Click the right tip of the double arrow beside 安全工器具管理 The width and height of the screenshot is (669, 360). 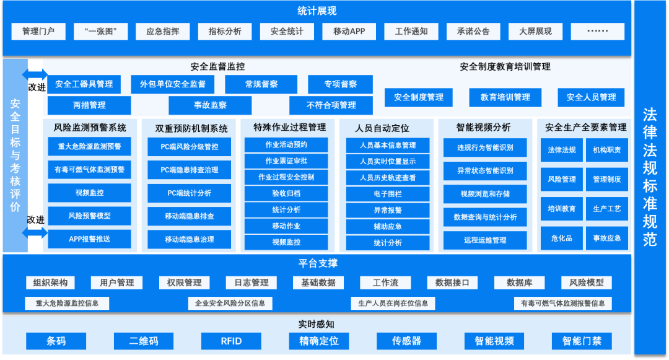(48, 74)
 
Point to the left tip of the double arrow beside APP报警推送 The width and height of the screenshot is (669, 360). (22, 232)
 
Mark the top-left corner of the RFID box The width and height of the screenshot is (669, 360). (201, 333)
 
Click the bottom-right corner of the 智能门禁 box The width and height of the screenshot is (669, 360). (612, 349)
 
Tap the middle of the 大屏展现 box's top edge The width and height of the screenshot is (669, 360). (535, 23)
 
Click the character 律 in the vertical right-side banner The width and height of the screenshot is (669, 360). (650, 133)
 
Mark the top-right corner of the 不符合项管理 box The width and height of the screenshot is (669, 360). (372, 97)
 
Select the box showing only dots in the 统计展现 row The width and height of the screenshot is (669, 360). (597, 31)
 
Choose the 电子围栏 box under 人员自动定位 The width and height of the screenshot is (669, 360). (387, 194)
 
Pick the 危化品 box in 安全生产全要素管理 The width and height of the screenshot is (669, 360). (561, 238)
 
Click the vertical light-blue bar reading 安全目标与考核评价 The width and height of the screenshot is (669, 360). (15, 156)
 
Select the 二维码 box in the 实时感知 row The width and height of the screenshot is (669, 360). (143, 341)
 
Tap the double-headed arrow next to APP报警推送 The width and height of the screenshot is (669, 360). (35, 232)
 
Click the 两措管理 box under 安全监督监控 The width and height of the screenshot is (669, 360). (89, 105)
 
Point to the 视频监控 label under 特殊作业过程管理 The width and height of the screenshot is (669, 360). (286, 242)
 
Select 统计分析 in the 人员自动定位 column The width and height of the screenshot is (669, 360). (387, 243)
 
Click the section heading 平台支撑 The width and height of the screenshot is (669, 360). (318, 263)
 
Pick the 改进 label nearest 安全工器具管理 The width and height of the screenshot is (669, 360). (37, 87)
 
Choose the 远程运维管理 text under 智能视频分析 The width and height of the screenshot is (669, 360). (485, 240)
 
